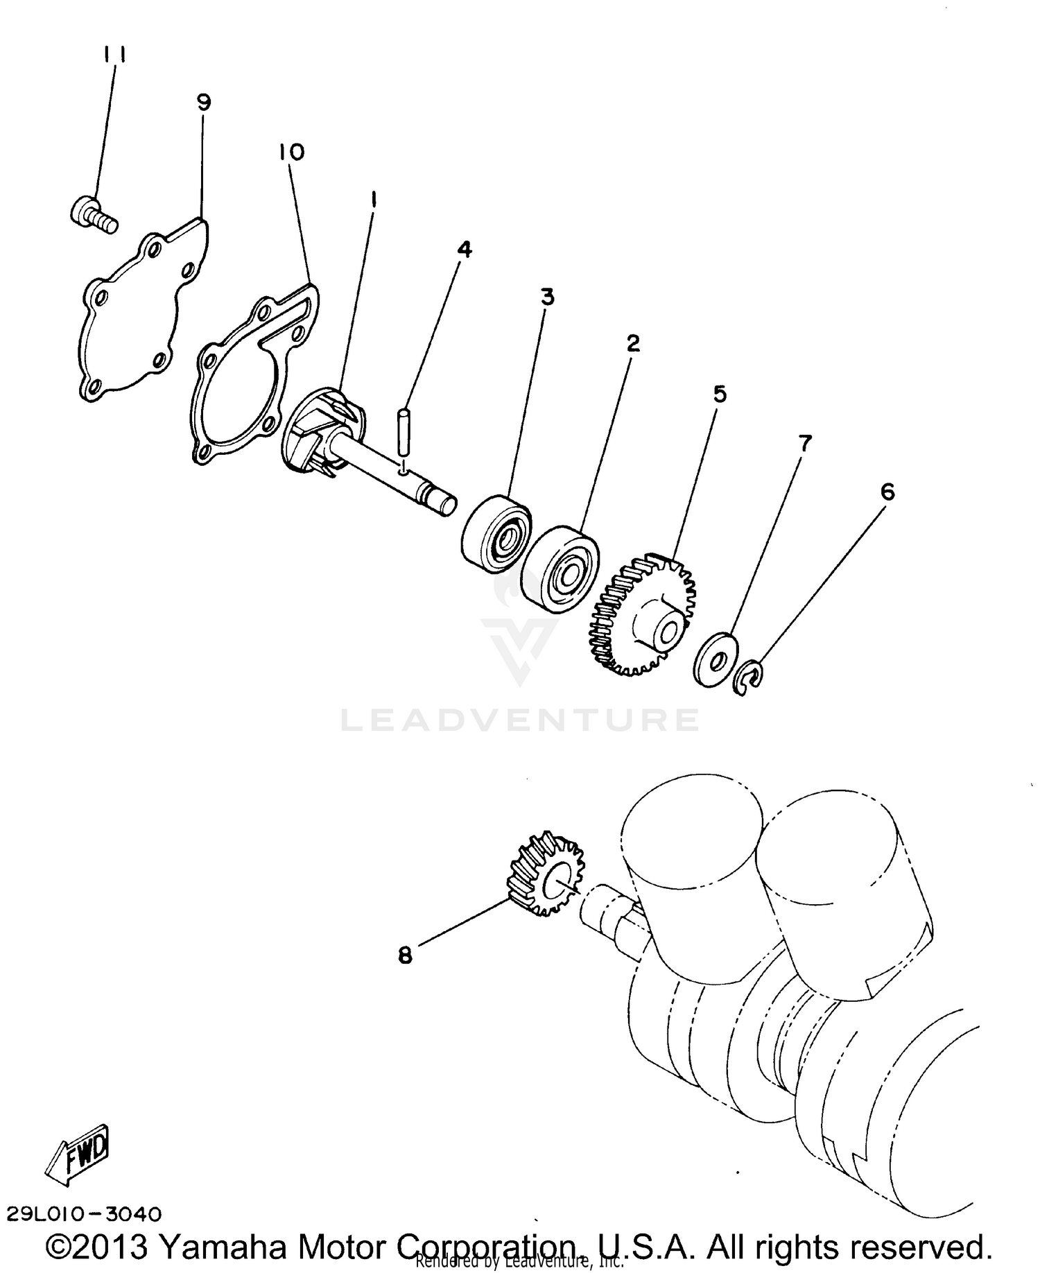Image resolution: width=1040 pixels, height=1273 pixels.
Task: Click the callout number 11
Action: (114, 55)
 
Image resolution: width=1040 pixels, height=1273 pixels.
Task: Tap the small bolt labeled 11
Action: (93, 213)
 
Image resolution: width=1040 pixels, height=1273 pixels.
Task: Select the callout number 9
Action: (203, 103)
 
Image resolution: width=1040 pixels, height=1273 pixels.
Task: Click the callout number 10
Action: (292, 152)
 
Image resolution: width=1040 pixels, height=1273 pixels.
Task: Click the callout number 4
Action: (465, 249)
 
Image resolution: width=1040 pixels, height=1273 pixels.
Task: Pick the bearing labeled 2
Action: (562, 568)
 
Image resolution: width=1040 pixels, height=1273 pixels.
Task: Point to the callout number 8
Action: (405, 955)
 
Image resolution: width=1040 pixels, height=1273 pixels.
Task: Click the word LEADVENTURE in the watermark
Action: (520, 720)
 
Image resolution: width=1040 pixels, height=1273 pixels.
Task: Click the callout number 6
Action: (887, 492)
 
